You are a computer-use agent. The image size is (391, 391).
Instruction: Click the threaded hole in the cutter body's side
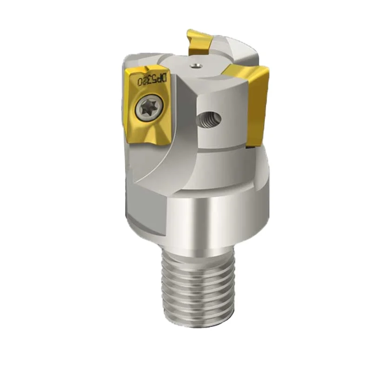click(x=208, y=119)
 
